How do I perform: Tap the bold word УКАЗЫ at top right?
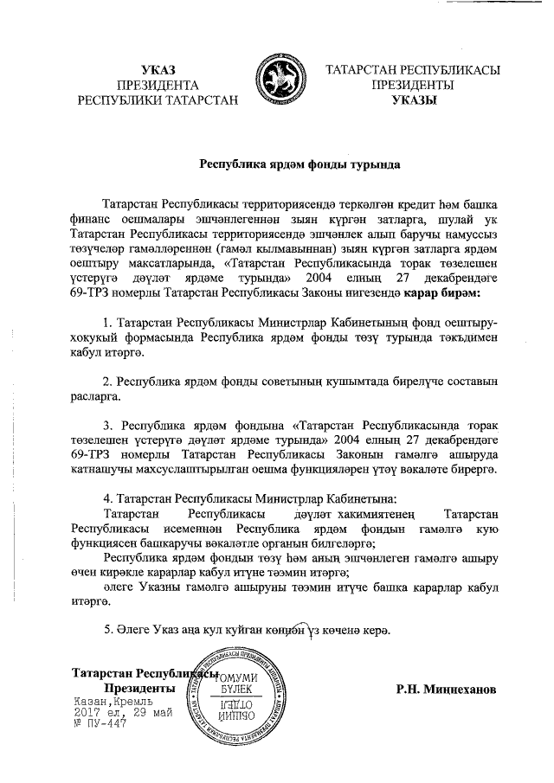pos(413,100)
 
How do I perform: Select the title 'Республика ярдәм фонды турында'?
pos(277,162)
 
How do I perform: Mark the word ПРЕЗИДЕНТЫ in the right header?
pos(413,85)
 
